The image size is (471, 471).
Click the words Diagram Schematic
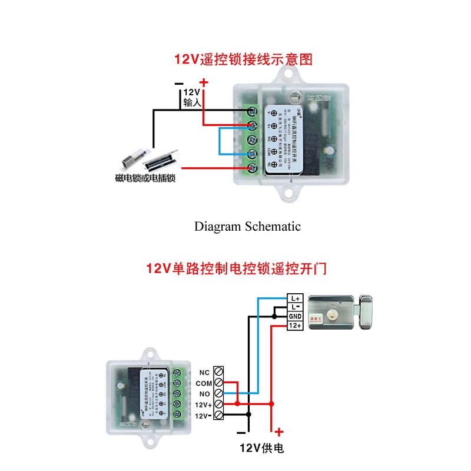coord(247,226)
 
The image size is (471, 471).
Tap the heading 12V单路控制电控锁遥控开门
coord(236,269)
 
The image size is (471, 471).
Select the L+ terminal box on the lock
coord(295,299)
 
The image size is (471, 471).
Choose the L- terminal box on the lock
coord(295,308)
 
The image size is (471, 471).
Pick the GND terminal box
coord(295,317)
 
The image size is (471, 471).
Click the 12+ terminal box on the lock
coord(295,326)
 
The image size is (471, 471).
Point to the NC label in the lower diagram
coord(204,372)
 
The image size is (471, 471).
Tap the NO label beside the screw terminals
coord(204,393)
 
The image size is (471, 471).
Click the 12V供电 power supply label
coord(261,449)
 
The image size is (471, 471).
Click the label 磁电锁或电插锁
coord(147,178)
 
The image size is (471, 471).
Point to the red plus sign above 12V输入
coord(204,83)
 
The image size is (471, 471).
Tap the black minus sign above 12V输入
coord(179,84)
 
